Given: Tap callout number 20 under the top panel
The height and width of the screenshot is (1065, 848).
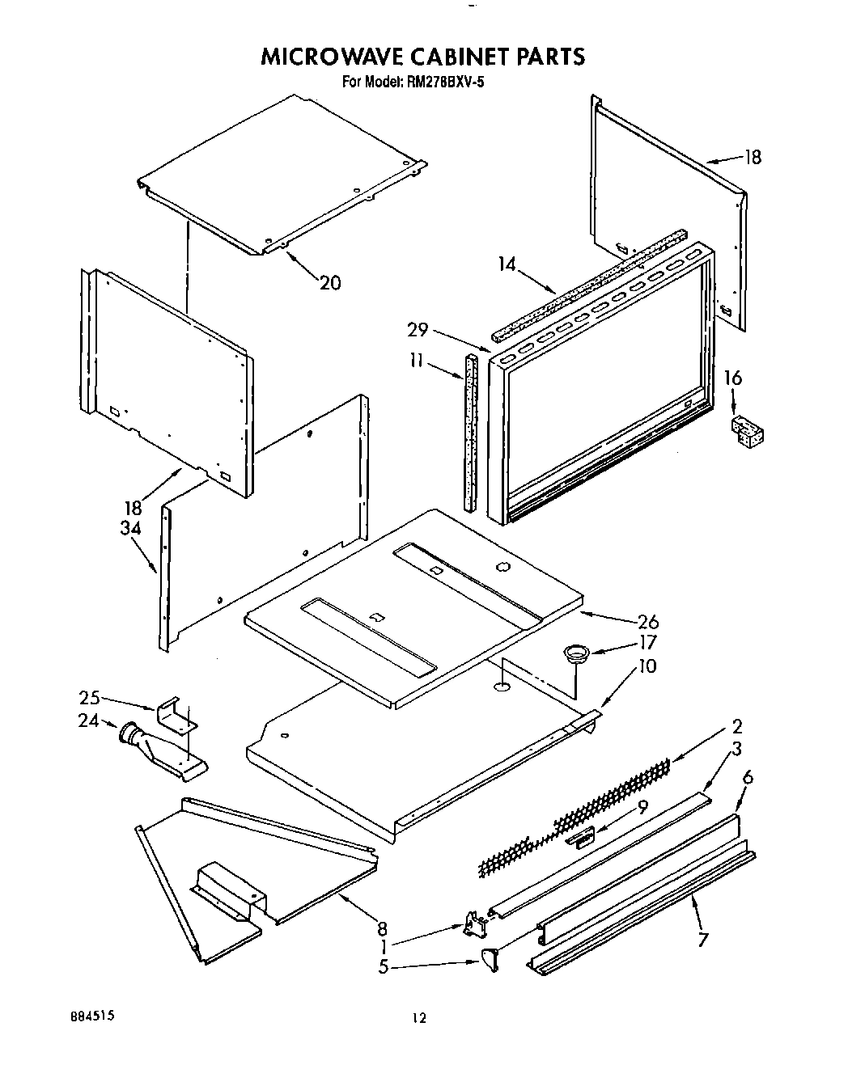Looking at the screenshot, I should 330,283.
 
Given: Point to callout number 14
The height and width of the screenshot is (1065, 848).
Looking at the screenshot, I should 507,264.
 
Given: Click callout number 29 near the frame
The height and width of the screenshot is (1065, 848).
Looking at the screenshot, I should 418,329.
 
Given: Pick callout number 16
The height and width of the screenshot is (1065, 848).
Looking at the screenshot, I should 732,378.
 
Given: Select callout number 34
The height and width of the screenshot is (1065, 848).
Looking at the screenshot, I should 131,528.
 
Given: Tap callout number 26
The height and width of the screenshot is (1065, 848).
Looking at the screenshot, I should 648,621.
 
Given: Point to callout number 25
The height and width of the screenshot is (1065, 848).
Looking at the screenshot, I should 89,696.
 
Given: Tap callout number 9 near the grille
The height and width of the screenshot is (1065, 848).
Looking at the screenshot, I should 642,805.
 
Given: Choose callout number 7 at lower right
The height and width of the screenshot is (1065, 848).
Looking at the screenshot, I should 702,940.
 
